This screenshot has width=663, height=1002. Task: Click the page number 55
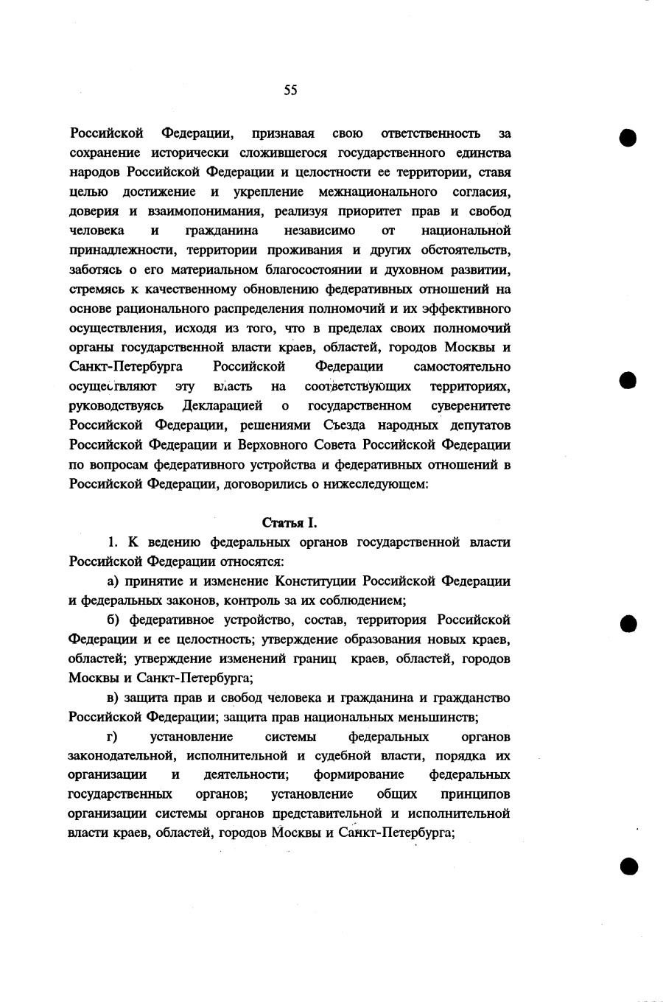tap(290, 90)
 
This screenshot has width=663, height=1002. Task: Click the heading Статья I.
tap(290, 523)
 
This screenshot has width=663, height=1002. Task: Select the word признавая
tap(283, 134)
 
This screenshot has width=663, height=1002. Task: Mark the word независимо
tap(324, 231)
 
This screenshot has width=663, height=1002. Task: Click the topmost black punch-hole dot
tap(628, 138)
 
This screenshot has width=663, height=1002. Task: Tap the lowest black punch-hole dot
tap(628, 866)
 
